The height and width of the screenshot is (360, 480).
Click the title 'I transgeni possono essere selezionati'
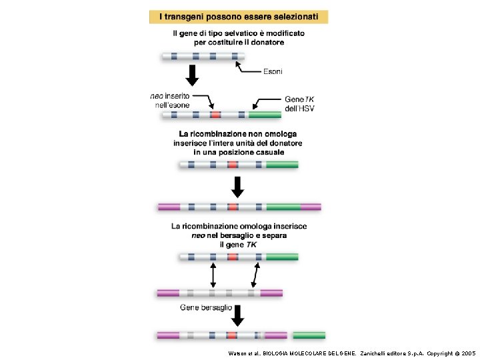[x=238, y=17]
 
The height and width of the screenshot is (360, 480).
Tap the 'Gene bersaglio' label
[x=206, y=307]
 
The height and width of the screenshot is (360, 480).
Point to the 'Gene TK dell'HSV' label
[x=299, y=103]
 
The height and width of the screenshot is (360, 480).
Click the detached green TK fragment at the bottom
[x=309, y=335]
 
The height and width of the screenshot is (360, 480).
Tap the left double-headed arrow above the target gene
[x=213, y=274]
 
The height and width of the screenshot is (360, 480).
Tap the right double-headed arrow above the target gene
[x=255, y=274]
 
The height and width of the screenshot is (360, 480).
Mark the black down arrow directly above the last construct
[x=237, y=315]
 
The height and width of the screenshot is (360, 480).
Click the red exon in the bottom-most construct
[x=232, y=335]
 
